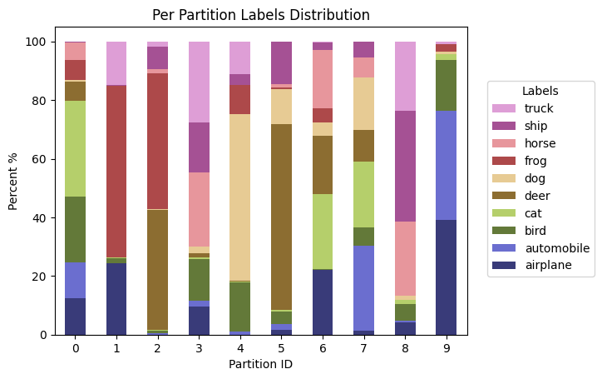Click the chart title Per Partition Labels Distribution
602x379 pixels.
pos(261,15)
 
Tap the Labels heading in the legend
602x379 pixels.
pos(540,90)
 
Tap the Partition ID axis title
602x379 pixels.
pos(261,363)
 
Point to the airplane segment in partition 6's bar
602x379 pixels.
pos(326,302)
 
